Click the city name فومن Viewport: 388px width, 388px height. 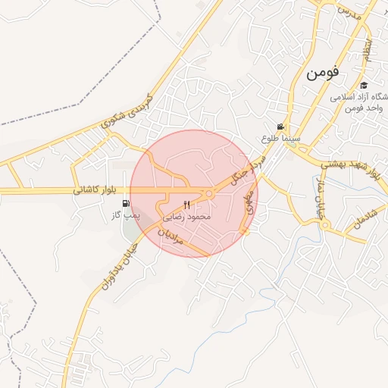324,74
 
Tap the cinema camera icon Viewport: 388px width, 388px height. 280,127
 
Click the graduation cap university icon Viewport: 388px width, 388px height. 365,86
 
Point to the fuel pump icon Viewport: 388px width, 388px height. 125,203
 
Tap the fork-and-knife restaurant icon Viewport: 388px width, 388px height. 187,205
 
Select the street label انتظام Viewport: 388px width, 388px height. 368,49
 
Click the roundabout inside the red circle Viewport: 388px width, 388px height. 210,195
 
